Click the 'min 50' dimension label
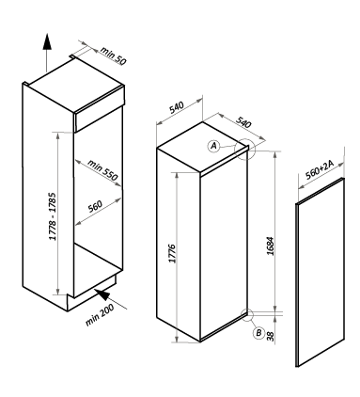coord(113,56)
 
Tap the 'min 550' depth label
coord(102,170)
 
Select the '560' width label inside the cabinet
coord(95,206)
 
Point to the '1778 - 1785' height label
coord(53,216)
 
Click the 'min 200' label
coord(100,315)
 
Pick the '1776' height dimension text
coord(173,253)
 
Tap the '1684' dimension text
coord(270,246)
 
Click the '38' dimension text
coord(270,336)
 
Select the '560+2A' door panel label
coord(320,169)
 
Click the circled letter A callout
coord(213,146)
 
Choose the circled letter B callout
coord(258,333)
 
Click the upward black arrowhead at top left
coord(47,41)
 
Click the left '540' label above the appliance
coord(177,107)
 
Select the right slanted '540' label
coord(243,122)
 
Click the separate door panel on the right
coord(320,272)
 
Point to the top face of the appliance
coord(203,147)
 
